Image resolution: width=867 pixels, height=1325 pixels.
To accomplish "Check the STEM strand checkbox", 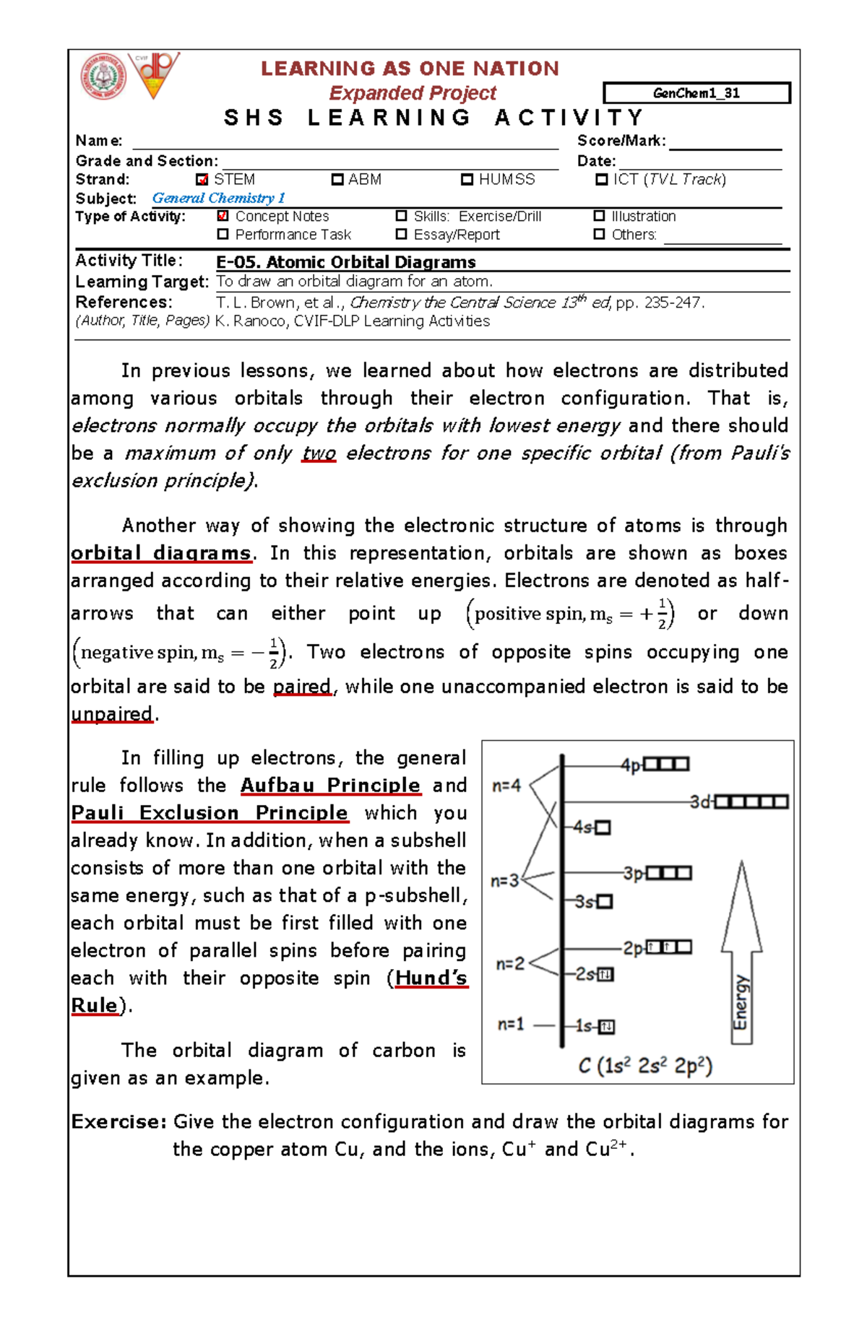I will pyautogui.click(x=202, y=180).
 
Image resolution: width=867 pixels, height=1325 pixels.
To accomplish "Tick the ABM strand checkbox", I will pyautogui.click(x=337, y=180).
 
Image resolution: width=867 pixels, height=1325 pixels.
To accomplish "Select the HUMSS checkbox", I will pyautogui.click(x=467, y=180).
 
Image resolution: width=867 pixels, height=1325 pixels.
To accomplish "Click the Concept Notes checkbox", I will pyautogui.click(x=223, y=216).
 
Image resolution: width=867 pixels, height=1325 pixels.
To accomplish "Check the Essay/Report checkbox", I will pyautogui.click(x=401, y=234).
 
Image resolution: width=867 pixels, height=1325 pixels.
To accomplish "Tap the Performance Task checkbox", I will pyautogui.click(x=223, y=234).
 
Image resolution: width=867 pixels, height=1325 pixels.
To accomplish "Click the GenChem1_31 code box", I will pyautogui.click(x=696, y=93).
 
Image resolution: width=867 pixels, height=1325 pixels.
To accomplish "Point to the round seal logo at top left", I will pyautogui.click(x=103, y=77).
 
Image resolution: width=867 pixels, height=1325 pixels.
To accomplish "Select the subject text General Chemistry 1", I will pyautogui.click(x=218, y=198).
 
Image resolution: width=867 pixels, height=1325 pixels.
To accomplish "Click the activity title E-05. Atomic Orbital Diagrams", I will pyautogui.click(x=345, y=262).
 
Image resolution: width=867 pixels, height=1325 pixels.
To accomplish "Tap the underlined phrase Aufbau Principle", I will pyautogui.click(x=330, y=785).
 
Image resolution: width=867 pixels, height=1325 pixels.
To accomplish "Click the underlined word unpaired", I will pyautogui.click(x=112, y=713).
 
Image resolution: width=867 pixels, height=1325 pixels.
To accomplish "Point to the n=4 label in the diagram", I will pyautogui.click(x=506, y=786).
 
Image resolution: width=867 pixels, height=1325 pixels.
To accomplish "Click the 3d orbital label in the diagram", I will pyautogui.click(x=700, y=802).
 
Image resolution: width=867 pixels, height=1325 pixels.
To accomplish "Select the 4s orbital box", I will pyautogui.click(x=603, y=828).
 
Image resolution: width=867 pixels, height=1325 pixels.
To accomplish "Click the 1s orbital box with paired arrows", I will pyautogui.click(x=606, y=1026).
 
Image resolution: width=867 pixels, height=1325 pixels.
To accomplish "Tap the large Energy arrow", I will pyautogui.click(x=741, y=953).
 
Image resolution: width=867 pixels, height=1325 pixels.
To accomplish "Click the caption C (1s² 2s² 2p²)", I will pyautogui.click(x=645, y=1066).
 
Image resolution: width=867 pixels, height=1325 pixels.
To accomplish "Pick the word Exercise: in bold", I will pyautogui.click(x=119, y=1121).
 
